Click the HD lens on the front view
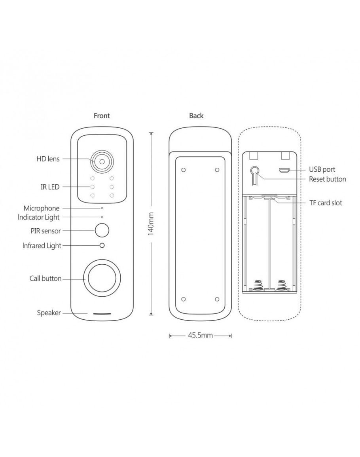102,161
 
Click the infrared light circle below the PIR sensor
102,245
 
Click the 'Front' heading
102,116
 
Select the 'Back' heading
196,116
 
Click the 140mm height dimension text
151,224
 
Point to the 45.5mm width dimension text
200,336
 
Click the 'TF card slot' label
326,203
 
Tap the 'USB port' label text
322,170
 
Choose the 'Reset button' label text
327,179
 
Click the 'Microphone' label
42,208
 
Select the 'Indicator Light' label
39,217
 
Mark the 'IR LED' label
50,187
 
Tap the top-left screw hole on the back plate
183,170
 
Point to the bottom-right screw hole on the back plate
217,298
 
